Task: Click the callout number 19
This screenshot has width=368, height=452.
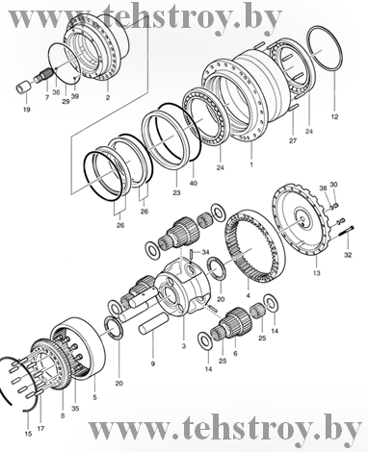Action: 26,110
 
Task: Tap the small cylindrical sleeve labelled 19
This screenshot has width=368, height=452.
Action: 24,88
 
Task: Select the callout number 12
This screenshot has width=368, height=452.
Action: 334,117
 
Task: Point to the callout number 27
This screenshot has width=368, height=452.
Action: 293,140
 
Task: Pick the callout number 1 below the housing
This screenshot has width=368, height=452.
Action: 251,164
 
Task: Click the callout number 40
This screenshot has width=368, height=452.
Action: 194,184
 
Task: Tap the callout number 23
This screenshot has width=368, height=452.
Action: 176,192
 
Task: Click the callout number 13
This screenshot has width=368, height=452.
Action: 317,273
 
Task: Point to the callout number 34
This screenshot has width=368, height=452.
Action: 205,252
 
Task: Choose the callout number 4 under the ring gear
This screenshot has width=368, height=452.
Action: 248,295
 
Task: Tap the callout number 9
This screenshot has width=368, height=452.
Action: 153,364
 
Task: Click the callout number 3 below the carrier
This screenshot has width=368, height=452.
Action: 184,346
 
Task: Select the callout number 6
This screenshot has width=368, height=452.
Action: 235,353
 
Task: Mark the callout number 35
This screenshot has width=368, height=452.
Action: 75,409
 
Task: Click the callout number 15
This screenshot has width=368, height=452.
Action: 28,434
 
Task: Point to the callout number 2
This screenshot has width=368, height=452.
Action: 108,97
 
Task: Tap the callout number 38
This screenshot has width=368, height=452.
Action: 324,188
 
